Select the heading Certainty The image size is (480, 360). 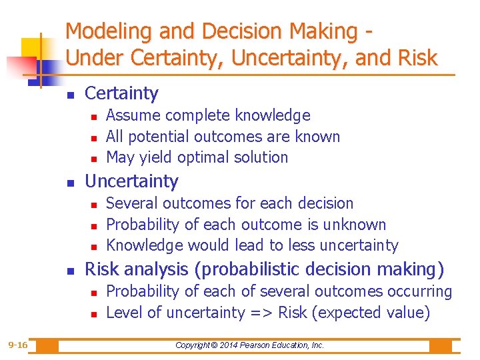coord(122,93)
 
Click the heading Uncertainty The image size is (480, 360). coord(132,181)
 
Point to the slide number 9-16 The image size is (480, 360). coord(17,345)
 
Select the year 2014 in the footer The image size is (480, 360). coord(227,345)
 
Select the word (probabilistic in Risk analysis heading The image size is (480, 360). coord(247,269)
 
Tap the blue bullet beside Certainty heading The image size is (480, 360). coord(71,95)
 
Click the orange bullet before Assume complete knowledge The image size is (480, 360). coord(93,117)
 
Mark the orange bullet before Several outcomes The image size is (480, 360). coord(93,204)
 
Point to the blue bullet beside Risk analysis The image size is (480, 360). coord(71,271)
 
